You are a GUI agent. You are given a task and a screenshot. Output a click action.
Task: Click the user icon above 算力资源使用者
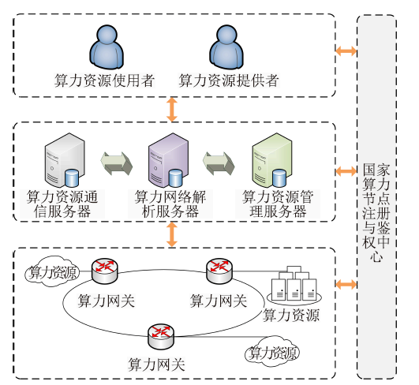107,47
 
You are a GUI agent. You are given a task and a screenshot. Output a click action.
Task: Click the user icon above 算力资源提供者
226,47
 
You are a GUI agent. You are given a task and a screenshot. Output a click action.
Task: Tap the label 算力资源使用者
104,80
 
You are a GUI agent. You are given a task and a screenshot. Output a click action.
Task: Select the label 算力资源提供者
229,80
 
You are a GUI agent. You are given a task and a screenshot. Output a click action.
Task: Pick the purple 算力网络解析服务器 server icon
168,160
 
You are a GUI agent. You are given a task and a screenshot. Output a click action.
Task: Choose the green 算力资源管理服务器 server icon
272,160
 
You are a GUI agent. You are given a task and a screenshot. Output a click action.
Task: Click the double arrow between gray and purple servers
117,163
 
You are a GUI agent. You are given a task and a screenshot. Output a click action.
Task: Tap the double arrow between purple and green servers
219,163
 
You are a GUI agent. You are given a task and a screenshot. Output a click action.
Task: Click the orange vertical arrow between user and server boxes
172,110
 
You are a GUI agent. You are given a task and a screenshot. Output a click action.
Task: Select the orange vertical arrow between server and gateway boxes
172,234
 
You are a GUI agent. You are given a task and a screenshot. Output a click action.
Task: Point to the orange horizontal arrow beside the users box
346,50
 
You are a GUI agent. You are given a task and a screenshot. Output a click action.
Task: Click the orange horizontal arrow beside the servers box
346,171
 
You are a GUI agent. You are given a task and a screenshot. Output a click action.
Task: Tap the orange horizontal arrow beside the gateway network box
346,284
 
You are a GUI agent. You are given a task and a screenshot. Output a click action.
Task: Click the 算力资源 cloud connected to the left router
52,271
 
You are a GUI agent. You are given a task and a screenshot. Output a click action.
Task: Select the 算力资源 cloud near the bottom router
272,352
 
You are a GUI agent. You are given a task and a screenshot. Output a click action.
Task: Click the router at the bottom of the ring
161,336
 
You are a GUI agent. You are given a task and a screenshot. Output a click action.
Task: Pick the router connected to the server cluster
219,271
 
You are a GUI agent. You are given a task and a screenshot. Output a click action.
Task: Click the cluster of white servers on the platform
294,286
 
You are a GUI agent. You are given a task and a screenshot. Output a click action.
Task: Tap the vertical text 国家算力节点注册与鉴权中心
376,212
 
